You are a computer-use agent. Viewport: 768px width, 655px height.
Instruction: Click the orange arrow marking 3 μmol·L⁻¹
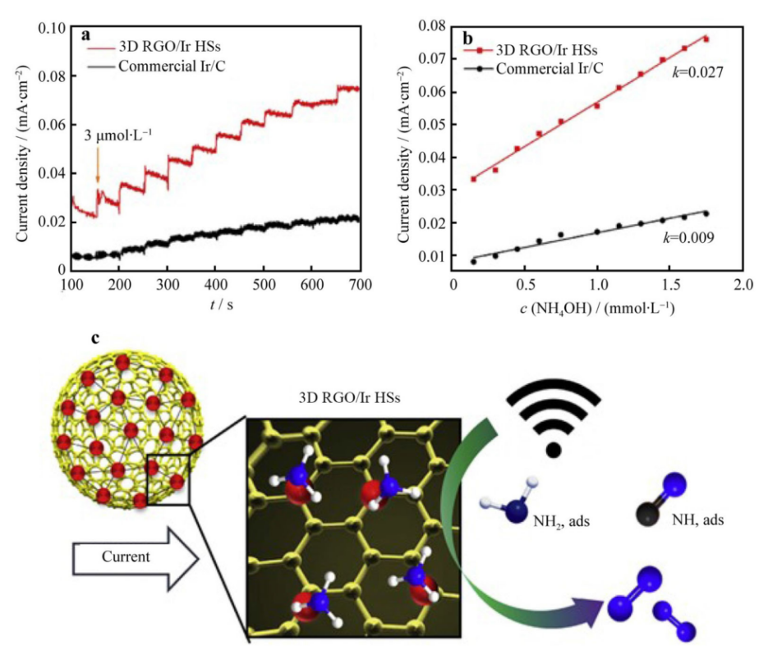[97, 169]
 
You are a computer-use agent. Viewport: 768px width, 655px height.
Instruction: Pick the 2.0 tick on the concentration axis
[742, 284]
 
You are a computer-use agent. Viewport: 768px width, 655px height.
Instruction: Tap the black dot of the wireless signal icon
[554, 449]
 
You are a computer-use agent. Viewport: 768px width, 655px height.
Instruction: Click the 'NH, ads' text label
[693, 518]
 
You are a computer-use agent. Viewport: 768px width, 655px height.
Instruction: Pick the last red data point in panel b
[705, 39]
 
